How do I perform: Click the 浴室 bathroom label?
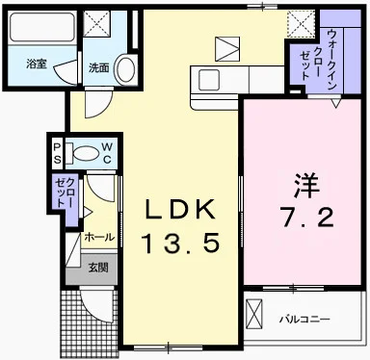pos(37,64)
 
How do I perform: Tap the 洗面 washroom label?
pos(99,67)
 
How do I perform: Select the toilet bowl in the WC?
pos(86,151)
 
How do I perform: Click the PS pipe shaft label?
pos(57,152)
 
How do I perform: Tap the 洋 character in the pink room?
pos(304,182)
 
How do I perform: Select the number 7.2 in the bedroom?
pos(306,219)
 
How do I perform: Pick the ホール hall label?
pos(99,237)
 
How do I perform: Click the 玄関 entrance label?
pos(99,267)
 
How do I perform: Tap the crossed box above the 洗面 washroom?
pos(96,24)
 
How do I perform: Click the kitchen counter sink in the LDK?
pos(208,80)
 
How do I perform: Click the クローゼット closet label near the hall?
pos(65,194)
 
